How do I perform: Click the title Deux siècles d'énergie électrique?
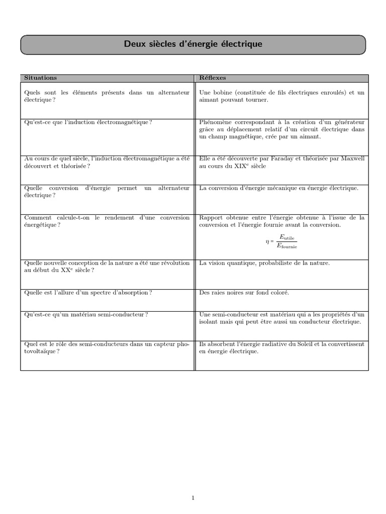click(x=193, y=45)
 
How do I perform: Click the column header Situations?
click(x=41, y=78)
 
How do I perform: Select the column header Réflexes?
click(x=213, y=78)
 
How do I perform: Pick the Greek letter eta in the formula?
click(x=267, y=241)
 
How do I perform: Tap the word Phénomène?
click(x=216, y=122)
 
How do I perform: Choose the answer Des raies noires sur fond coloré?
click(x=244, y=293)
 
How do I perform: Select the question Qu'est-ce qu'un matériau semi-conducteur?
click(x=86, y=314)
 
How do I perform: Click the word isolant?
click(x=209, y=322)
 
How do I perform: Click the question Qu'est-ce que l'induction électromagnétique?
click(x=88, y=122)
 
